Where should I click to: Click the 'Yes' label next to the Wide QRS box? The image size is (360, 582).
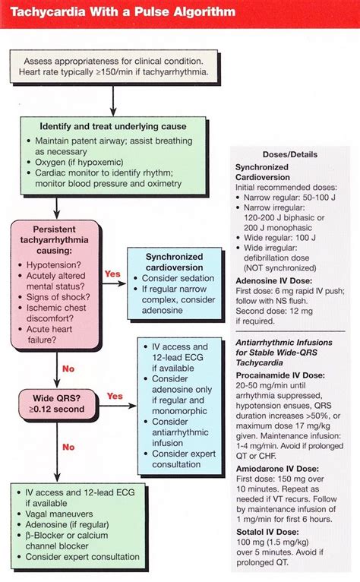coord(115,396)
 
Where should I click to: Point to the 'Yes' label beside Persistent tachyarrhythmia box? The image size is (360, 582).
coord(112,274)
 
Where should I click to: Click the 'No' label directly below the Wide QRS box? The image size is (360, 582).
coord(69,448)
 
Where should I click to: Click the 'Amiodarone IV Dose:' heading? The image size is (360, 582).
coord(280,469)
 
